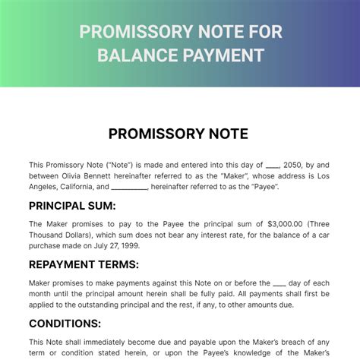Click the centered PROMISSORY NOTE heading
(179, 134)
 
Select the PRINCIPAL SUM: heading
(72, 206)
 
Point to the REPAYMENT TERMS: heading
(84, 265)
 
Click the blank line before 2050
(273, 165)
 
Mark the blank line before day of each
(280, 283)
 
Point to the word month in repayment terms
(42, 294)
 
